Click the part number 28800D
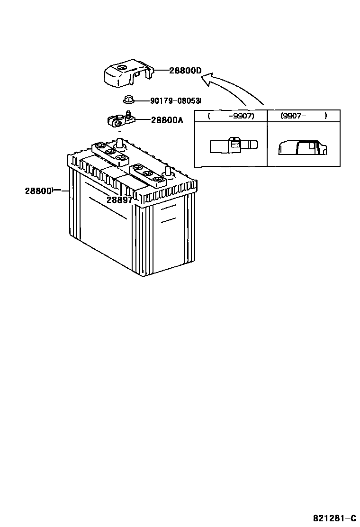click(x=185, y=71)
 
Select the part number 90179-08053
click(x=175, y=101)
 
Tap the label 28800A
click(x=167, y=120)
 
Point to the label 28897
click(x=119, y=200)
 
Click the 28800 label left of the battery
click(x=38, y=191)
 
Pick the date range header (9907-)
click(x=303, y=116)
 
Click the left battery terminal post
click(x=120, y=142)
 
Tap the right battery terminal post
click(x=167, y=172)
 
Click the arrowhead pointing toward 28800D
click(x=205, y=81)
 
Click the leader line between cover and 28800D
click(x=161, y=71)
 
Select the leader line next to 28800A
click(x=143, y=120)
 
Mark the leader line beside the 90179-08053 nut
click(x=141, y=100)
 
